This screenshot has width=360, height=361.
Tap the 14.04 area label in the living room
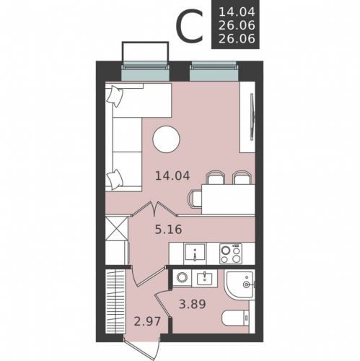pyautogui.click(x=172, y=175)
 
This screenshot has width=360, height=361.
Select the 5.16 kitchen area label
pyautogui.click(x=168, y=230)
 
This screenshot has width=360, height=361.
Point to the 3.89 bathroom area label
pyautogui.click(x=193, y=304)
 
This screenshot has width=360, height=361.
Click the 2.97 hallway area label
pyautogui.click(x=147, y=321)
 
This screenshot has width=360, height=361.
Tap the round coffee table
pyautogui.click(x=167, y=139)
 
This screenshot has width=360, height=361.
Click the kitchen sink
pyautogui.click(x=195, y=253)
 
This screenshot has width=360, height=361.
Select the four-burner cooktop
pyautogui.click(x=231, y=253)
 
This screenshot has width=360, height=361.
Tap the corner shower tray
pyautogui.click(x=240, y=284)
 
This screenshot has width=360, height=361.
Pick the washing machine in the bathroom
pyautogui.click(x=183, y=278)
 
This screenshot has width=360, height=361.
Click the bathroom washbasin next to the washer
pyautogui.click(x=205, y=278)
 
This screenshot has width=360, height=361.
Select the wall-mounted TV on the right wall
pyautogui.click(x=252, y=117)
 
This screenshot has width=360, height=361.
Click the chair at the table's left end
pyautogui.click(x=195, y=199)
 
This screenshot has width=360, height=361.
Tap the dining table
pyautogui.click(x=228, y=199)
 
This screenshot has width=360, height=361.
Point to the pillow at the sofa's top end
pyautogui.click(x=115, y=96)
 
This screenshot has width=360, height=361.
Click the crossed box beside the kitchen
pyautogui.click(x=116, y=228)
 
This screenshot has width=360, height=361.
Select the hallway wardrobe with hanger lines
pyautogui.click(x=115, y=301)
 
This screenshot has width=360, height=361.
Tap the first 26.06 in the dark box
pyautogui.click(x=237, y=25)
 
